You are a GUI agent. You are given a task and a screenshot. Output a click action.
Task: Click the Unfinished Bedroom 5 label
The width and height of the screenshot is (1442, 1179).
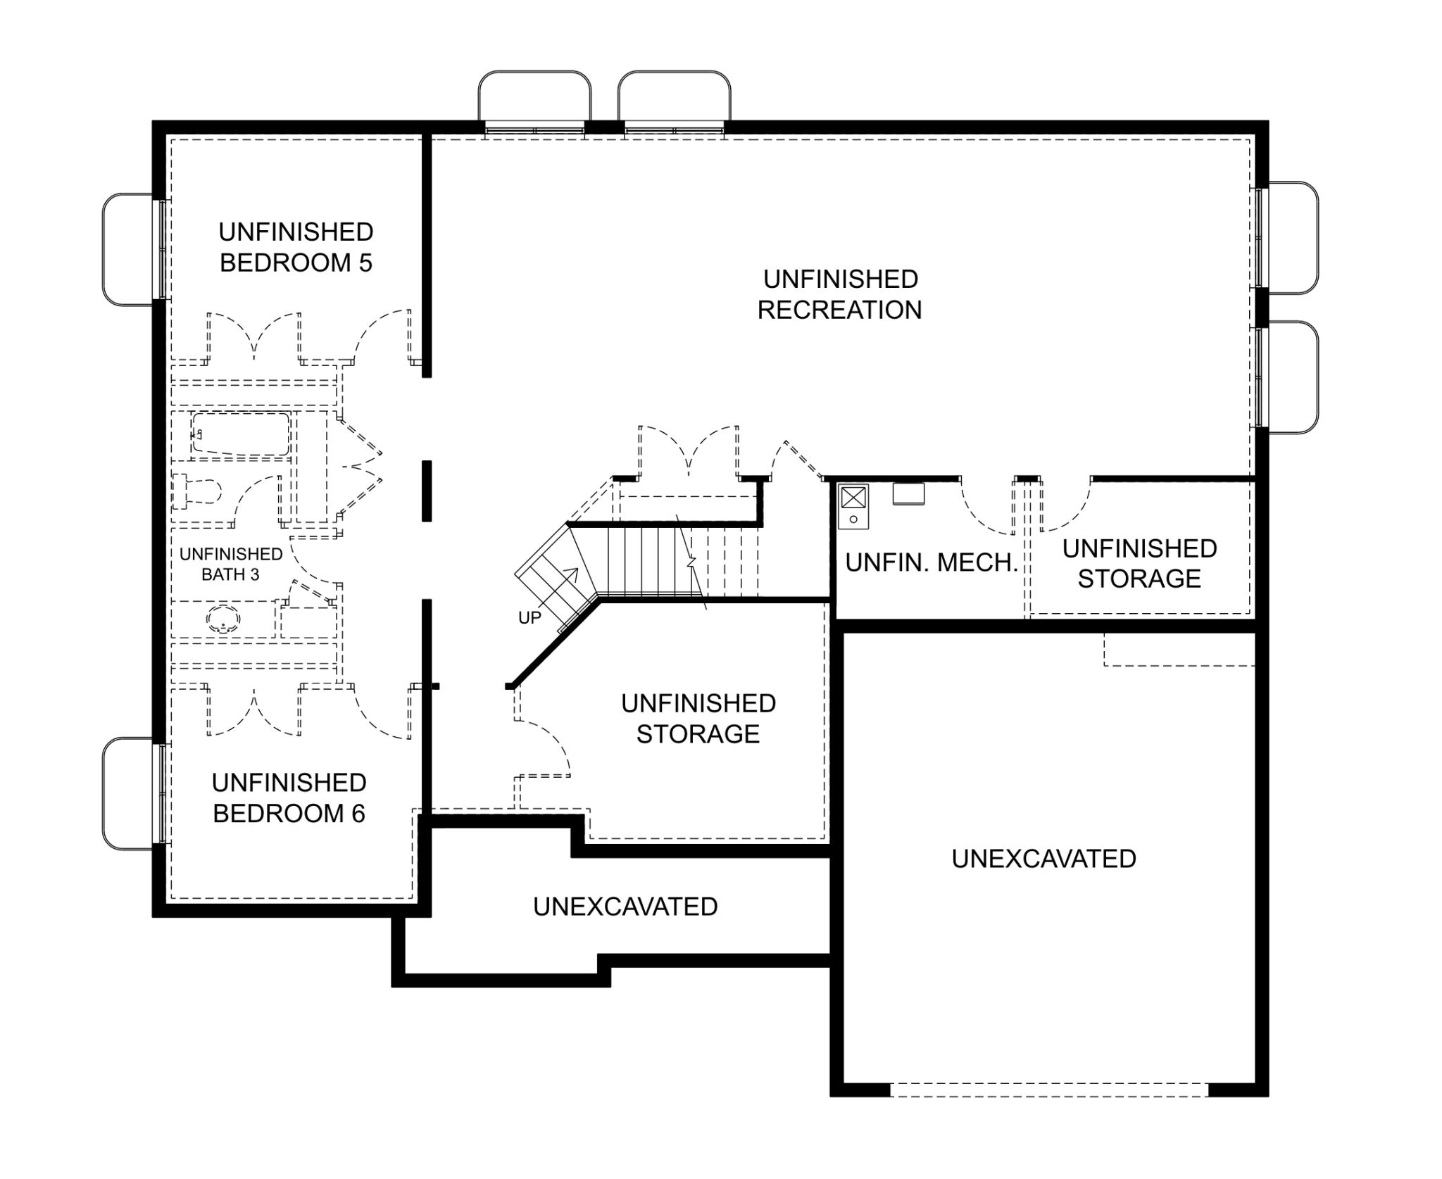pyautogui.click(x=296, y=247)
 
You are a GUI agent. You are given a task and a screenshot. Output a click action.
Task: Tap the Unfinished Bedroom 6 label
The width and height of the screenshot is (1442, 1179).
pyautogui.click(x=289, y=797)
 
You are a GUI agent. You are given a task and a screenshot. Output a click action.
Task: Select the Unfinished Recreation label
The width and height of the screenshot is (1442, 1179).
pyautogui.click(x=840, y=294)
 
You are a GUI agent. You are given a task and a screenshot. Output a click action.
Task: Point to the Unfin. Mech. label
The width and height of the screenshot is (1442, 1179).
pyautogui.click(x=932, y=562)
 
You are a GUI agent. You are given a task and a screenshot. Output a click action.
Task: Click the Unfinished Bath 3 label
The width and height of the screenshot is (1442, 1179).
pyautogui.click(x=231, y=565)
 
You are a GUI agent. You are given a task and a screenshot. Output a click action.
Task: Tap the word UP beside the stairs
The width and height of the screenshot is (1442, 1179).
pyautogui.click(x=529, y=618)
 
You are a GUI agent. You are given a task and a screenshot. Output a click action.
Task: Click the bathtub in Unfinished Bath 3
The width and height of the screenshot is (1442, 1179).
pyautogui.click(x=241, y=434)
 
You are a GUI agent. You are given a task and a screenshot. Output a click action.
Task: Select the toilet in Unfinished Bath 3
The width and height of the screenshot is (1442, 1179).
pyautogui.click(x=197, y=491)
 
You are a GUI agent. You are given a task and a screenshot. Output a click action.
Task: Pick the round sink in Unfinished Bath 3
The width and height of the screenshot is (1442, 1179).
pyautogui.click(x=224, y=619)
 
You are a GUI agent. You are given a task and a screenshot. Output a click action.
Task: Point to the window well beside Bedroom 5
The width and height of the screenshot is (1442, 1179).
pyautogui.click(x=128, y=250)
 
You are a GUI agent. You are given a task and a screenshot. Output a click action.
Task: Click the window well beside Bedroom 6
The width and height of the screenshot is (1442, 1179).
pyautogui.click(x=128, y=793)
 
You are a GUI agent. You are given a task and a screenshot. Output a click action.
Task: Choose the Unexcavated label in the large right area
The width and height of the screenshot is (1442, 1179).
pyautogui.click(x=1044, y=859)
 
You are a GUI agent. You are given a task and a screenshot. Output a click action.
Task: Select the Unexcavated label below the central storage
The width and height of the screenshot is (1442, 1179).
pyautogui.click(x=625, y=907)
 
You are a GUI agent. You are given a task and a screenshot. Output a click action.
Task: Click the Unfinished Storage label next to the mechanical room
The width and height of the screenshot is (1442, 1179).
pyautogui.click(x=1139, y=563)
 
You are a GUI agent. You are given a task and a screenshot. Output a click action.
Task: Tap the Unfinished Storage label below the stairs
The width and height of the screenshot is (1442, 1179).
pyautogui.click(x=698, y=719)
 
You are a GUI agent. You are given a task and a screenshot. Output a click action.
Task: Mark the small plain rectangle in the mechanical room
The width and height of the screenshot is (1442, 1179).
pyautogui.click(x=908, y=493)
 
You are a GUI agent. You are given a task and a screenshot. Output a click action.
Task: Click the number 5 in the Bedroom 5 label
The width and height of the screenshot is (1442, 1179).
pyautogui.click(x=365, y=263)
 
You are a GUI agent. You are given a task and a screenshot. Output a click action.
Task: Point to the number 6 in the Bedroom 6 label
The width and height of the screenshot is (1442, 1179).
pyautogui.click(x=358, y=813)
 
